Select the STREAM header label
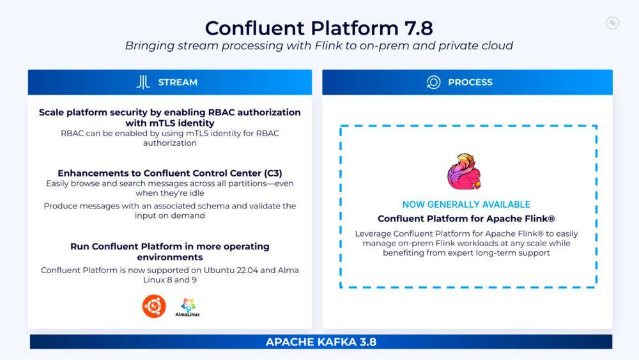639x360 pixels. tap(178, 82)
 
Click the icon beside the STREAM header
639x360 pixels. tap(143, 82)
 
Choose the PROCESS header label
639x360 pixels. tap(470, 82)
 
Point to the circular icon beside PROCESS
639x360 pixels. tap(433, 82)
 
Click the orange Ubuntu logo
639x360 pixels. tap(154, 306)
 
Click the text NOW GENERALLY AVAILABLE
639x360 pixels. tap(466, 205)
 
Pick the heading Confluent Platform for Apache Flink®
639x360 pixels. tap(466, 219)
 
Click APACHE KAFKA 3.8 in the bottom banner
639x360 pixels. tap(321, 342)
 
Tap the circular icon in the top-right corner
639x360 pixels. tap(612, 23)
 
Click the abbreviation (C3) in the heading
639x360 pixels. tap(268, 173)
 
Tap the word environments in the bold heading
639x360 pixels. tap(169, 257)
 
